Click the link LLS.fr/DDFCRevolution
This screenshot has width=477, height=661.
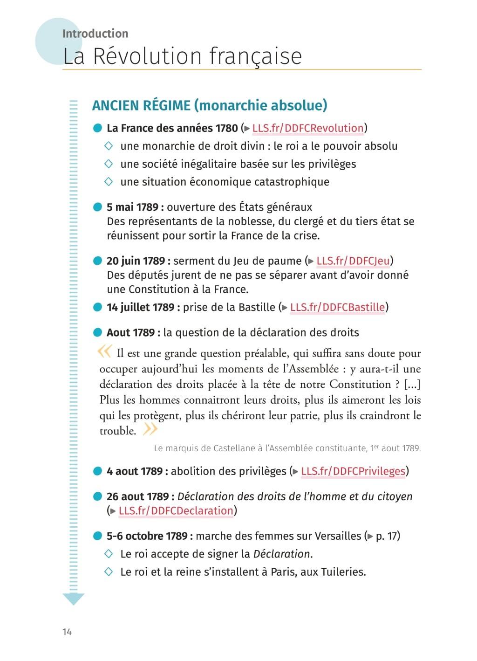(x=307, y=128)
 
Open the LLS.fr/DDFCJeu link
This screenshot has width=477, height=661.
(x=353, y=261)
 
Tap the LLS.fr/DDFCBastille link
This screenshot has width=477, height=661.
(x=337, y=307)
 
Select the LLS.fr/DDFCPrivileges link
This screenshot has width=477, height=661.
(x=353, y=471)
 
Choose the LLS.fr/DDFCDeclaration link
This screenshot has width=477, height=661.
(x=176, y=511)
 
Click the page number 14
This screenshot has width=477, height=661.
(x=67, y=632)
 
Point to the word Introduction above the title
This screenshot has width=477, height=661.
(x=95, y=34)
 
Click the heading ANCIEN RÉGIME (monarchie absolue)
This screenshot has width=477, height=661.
(x=210, y=105)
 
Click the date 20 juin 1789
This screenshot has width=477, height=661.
(x=138, y=261)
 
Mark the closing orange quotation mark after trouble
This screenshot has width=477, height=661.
(x=150, y=429)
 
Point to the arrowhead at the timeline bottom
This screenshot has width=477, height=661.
(x=73, y=599)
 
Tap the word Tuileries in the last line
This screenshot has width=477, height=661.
(x=342, y=572)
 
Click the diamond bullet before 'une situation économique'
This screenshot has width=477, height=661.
(x=109, y=182)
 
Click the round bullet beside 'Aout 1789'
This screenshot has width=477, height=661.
(x=97, y=333)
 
